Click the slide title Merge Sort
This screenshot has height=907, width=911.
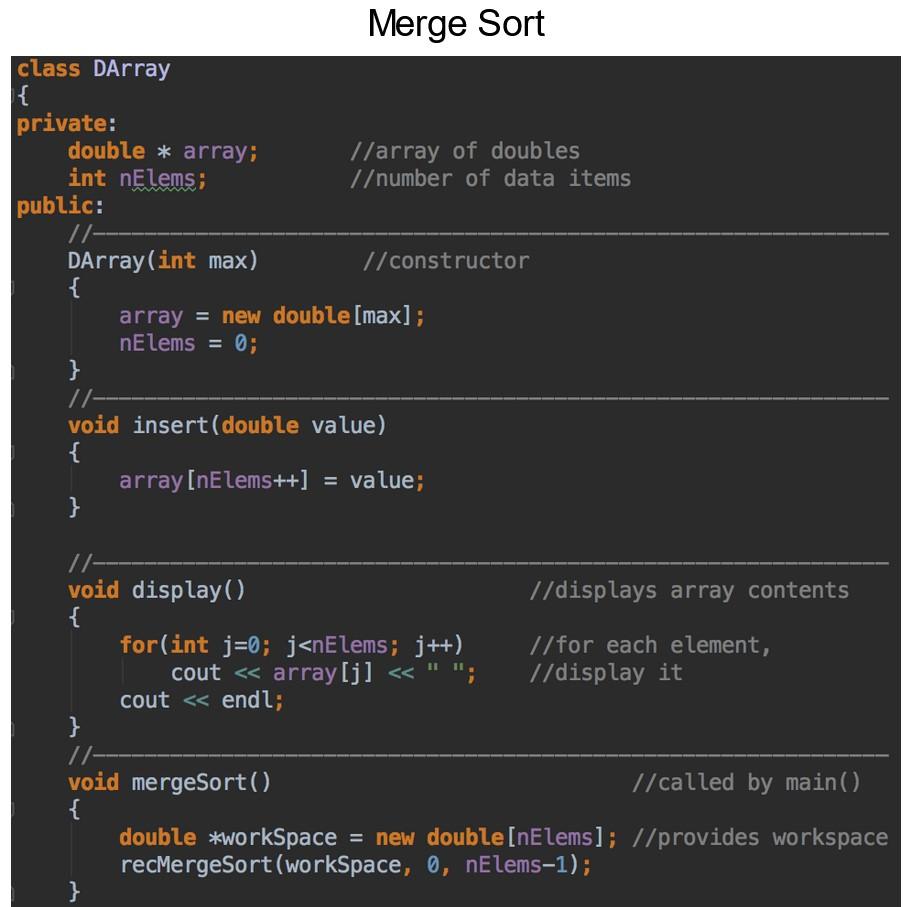(456, 23)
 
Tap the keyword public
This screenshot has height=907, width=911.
(55, 207)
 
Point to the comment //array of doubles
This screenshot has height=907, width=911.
(465, 151)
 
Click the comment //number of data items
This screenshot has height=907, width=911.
(490, 179)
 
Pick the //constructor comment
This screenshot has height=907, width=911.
(446, 261)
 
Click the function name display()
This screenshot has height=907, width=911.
(189, 590)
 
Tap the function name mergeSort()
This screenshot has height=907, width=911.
(201, 782)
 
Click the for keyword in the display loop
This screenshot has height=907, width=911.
(138, 645)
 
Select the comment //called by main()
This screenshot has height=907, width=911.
(746, 782)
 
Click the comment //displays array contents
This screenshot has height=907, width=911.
(688, 590)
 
